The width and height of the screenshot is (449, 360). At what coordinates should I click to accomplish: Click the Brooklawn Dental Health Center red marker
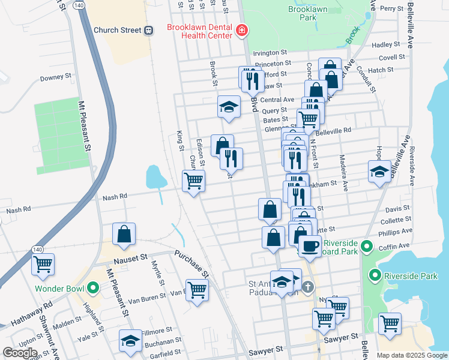point(241,30)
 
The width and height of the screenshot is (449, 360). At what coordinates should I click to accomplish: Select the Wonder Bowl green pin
point(92,288)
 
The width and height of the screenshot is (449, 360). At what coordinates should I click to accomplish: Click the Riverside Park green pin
point(375,276)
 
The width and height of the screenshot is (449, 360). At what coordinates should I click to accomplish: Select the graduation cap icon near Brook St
point(229,107)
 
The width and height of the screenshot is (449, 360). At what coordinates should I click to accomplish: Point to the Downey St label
point(56,77)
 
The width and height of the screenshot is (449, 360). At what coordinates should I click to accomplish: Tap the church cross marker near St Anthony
point(308,287)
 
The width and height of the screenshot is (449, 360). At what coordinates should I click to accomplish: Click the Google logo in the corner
point(20,353)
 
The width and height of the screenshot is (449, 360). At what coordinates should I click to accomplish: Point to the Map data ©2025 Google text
point(411,355)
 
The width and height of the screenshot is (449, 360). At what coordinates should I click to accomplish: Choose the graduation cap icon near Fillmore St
point(130,340)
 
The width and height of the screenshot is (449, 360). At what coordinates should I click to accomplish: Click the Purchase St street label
point(192,263)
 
